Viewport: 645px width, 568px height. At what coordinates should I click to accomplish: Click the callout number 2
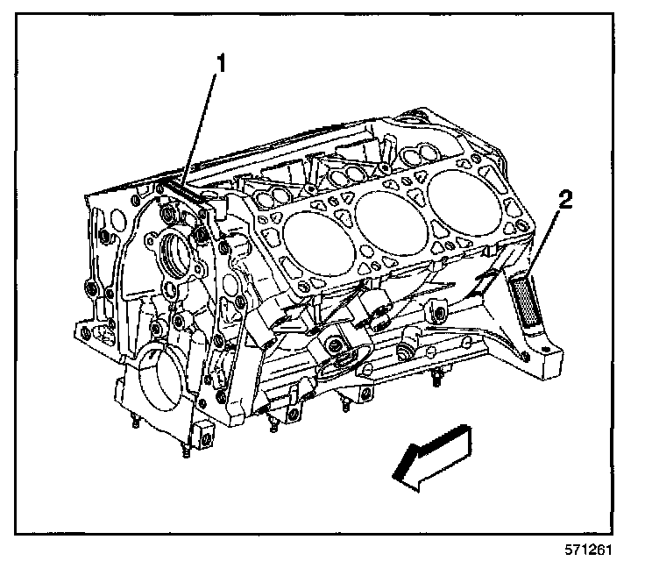tap(566, 201)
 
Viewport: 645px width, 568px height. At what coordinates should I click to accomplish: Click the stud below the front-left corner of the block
tap(135, 422)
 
